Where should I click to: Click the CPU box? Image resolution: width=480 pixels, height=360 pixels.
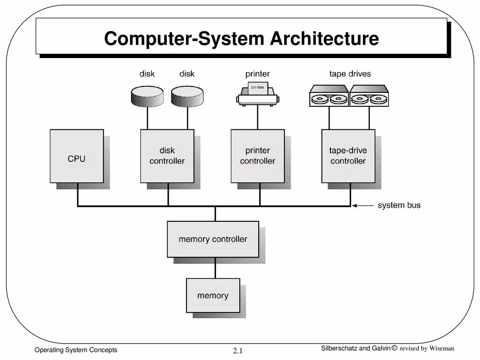click(76, 156)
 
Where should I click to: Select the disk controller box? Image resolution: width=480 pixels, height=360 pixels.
click(167, 156)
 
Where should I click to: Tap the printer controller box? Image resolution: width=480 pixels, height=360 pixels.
click(257, 156)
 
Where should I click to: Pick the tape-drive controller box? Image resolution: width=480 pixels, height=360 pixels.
click(348, 156)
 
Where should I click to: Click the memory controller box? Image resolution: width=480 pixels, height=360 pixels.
click(213, 239)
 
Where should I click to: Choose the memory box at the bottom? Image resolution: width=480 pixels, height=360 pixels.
click(213, 295)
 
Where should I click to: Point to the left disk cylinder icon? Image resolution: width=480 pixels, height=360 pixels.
click(147, 96)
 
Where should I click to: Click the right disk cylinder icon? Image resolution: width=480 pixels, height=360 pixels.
click(187, 96)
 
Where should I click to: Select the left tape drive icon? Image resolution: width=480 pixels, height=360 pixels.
click(329, 96)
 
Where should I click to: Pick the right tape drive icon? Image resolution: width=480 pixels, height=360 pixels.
click(368, 96)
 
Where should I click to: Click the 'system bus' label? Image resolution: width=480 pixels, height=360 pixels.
click(399, 205)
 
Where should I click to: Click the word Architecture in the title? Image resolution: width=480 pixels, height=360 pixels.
click(324, 38)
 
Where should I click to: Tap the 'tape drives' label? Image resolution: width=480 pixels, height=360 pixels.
click(350, 74)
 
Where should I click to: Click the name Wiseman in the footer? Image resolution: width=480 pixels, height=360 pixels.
click(442, 348)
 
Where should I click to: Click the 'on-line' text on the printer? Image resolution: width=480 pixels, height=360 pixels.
click(257, 88)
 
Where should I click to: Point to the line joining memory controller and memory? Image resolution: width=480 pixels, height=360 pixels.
click(215, 268)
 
